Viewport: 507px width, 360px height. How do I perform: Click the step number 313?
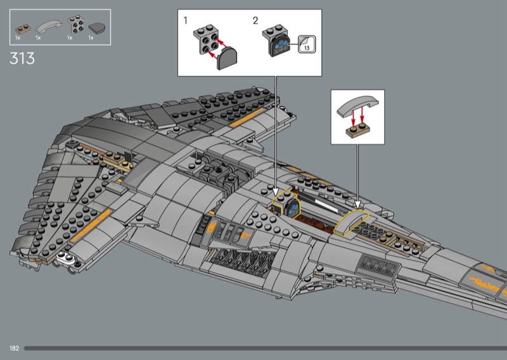coord(22,58)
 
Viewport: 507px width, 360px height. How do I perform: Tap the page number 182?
coord(14,349)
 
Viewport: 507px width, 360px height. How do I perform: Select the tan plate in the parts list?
coord(23,29)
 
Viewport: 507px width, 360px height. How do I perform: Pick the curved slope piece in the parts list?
coord(49,27)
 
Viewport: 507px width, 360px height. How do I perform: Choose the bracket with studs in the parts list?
coord(75,24)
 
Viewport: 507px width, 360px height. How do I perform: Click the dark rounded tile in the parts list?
coord(97,28)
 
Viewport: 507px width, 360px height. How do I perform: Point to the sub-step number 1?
coord(185,21)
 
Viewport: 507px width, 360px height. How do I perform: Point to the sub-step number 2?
coord(255,21)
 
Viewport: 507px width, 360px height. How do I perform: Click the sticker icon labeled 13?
coord(307,44)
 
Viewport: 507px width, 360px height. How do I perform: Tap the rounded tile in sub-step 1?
coord(227,58)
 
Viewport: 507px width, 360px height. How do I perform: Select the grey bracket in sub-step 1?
coord(206,39)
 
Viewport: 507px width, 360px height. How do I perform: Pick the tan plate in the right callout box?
coord(358,131)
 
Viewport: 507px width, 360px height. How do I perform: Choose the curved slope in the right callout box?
coord(358,106)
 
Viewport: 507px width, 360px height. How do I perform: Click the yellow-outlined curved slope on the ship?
coord(351,222)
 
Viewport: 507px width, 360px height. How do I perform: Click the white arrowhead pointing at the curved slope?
coord(357,205)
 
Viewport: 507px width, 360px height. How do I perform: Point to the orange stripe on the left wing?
coord(91,226)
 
